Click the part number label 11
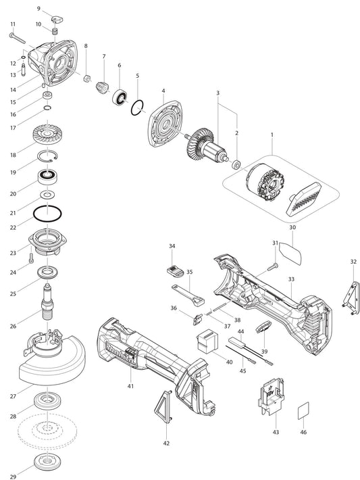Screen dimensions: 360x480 13,24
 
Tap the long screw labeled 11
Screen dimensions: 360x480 18,39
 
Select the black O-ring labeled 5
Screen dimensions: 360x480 137,107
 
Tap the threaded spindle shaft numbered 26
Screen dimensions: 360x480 47,302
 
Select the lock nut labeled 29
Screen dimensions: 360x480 47,462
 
